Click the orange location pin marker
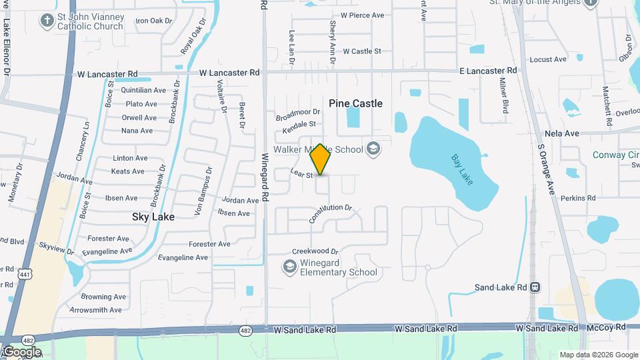point(320,159)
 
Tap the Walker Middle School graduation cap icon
point(373,148)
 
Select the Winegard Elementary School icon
point(289,267)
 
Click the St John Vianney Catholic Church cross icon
point(47,20)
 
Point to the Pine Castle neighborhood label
point(356,103)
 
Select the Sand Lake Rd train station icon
point(535,287)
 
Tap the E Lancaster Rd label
point(488,70)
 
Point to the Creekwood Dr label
point(315,251)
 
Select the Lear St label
point(301,174)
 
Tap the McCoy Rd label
point(607,327)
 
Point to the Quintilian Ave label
point(145,90)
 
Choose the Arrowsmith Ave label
point(96,310)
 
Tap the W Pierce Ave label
point(362,15)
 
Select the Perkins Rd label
point(577,198)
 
